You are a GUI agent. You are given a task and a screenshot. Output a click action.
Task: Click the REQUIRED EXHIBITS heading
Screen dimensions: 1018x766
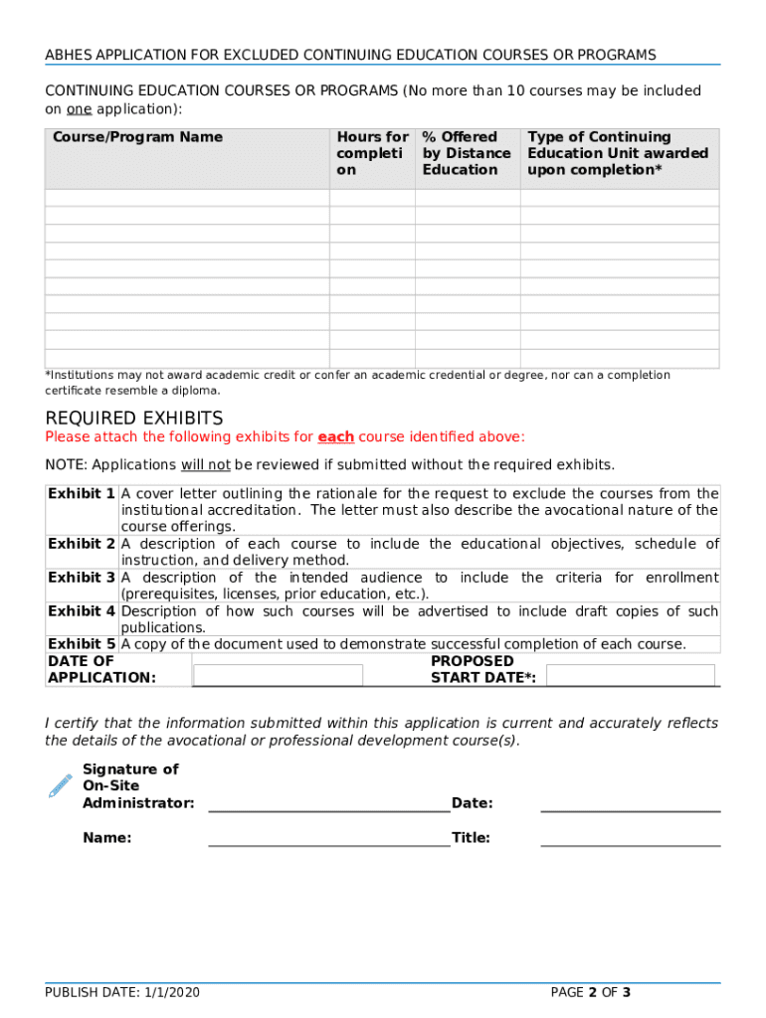[x=134, y=419]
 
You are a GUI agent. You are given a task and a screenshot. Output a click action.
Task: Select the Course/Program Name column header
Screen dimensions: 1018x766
[x=137, y=137]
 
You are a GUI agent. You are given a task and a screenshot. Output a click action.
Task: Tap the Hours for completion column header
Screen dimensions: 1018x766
[x=372, y=153]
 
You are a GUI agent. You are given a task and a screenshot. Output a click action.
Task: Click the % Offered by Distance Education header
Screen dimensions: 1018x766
[x=466, y=153]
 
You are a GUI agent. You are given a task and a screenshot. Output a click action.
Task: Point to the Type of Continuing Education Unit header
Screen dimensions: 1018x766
[x=618, y=153]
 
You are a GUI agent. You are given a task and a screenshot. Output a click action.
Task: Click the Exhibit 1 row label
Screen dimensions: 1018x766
[x=82, y=494]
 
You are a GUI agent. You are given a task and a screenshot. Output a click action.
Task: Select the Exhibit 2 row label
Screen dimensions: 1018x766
[x=82, y=544]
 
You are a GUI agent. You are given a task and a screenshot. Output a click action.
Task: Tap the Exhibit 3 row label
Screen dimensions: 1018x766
[x=82, y=578]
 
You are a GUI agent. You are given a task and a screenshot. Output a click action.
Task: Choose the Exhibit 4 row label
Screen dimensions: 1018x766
[x=82, y=611]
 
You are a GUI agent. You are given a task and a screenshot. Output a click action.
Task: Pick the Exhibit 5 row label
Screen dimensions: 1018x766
[x=82, y=644]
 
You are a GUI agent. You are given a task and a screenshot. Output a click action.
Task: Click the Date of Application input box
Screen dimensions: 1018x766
[x=279, y=676]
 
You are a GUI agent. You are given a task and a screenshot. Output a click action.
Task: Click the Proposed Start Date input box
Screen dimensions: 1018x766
[x=631, y=676]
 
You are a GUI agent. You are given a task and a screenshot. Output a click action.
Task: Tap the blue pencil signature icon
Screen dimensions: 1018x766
[x=61, y=785]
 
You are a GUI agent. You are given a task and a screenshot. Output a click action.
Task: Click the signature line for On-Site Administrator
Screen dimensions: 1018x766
[x=328, y=802]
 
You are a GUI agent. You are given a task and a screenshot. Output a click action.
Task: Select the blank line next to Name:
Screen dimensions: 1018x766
[x=328, y=837]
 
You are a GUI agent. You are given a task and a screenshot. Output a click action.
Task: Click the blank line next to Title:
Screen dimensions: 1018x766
[x=630, y=837]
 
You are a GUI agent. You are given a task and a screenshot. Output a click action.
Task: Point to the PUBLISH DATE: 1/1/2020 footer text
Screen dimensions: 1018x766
[x=121, y=992]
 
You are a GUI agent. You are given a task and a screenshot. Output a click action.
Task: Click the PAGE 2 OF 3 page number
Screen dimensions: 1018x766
[x=591, y=992]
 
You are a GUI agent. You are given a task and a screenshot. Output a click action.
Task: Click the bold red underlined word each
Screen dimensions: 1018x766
[x=335, y=437]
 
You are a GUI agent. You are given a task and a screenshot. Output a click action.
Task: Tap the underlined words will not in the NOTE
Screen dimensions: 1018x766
[x=205, y=465]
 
